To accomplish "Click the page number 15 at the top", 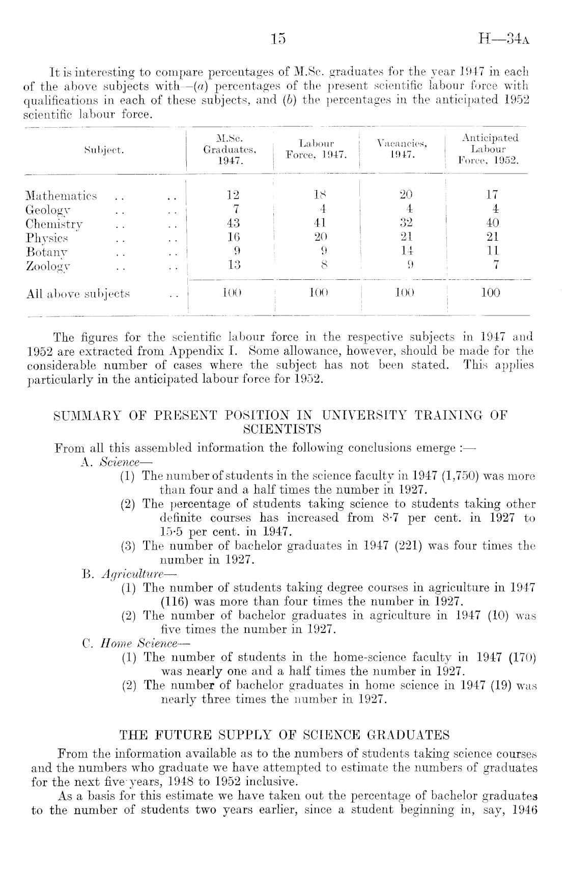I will tap(279, 40).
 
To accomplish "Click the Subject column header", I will tap(104, 150).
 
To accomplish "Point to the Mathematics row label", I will tap(61, 196).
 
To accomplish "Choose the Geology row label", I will tap(48, 210).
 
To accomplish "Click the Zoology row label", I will tap(48, 265).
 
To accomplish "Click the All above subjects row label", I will tap(78, 294).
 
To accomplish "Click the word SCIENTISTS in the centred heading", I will tap(282, 429).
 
